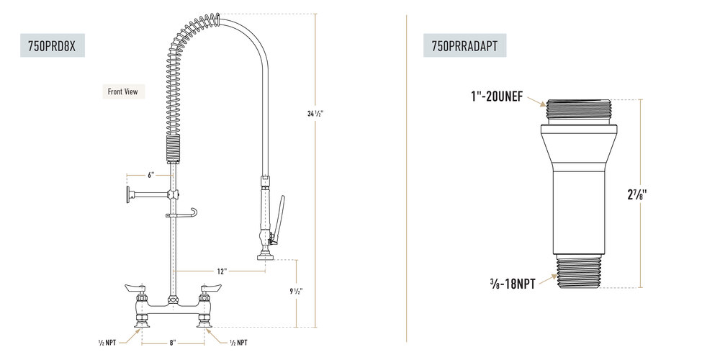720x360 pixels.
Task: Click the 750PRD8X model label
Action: click(x=52, y=46)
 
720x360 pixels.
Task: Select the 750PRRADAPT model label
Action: click(x=464, y=46)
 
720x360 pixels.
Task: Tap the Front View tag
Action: click(x=123, y=91)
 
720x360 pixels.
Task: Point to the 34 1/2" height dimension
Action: click(x=315, y=114)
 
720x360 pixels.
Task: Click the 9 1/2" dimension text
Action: click(x=296, y=291)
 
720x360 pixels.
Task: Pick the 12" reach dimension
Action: click(x=222, y=271)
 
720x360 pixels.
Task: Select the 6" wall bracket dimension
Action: click(x=150, y=175)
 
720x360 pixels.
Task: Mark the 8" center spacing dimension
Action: click(x=173, y=343)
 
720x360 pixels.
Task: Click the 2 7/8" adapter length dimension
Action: click(x=637, y=194)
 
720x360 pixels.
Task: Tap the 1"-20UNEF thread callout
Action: click(x=496, y=97)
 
